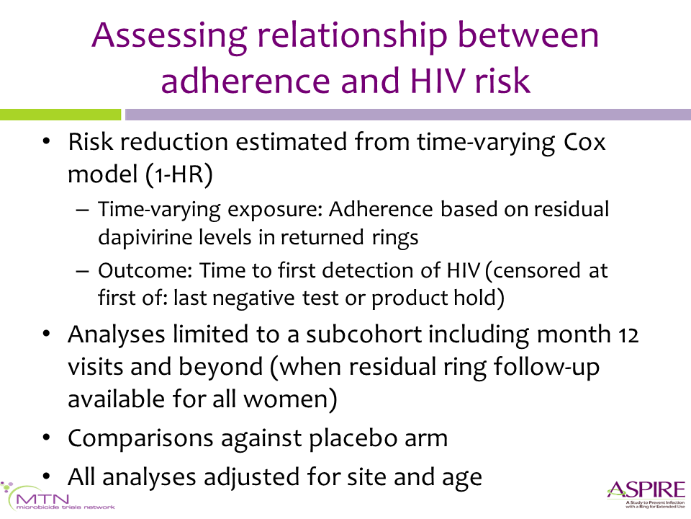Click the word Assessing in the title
(x=169, y=37)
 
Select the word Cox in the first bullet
(x=584, y=142)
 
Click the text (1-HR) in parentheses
(x=179, y=174)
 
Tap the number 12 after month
(x=628, y=335)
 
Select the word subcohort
(x=364, y=334)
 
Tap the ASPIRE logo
(x=646, y=494)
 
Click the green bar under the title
(x=60, y=115)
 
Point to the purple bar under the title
(x=407, y=115)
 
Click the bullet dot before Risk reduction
(x=46, y=143)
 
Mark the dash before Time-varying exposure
(x=82, y=210)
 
